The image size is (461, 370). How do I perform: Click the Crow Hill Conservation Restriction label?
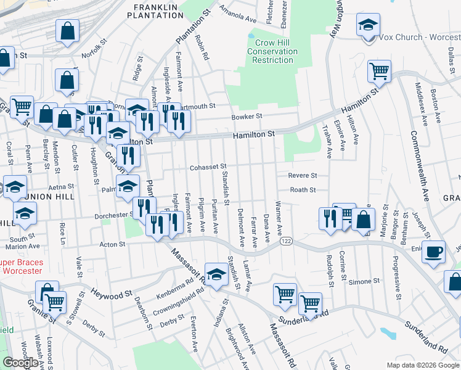pos(273,52)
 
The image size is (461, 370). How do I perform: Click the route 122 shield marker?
pos(285,241)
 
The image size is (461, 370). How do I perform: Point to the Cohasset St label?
pos(208,166)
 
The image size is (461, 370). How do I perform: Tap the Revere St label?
pos(302,176)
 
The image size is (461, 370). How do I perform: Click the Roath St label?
pos(303,191)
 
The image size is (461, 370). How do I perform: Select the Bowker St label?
pos(247,116)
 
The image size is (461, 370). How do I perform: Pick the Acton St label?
pos(113,244)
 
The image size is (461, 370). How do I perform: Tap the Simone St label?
pos(359,281)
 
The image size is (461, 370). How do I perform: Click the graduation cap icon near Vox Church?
pos(367,25)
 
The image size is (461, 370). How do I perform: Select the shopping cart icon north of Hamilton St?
pos(379,70)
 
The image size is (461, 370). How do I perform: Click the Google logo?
pos(20,363)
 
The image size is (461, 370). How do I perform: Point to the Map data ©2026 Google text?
pos(423,365)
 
